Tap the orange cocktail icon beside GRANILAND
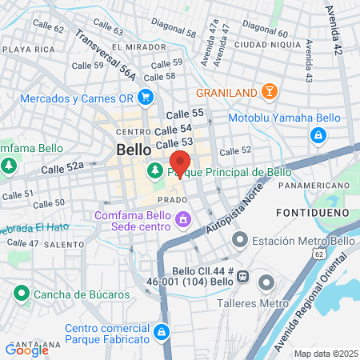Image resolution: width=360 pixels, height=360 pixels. click(x=269, y=91)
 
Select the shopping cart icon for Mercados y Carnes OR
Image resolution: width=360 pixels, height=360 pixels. click(x=146, y=98)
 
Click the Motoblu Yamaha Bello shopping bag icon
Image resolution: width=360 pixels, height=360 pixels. click(x=318, y=135)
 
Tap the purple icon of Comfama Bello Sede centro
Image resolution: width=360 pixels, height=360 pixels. click(x=183, y=218)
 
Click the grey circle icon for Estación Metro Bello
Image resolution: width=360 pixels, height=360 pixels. click(x=238, y=239)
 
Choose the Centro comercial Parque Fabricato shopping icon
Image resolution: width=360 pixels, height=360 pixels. click(x=162, y=331)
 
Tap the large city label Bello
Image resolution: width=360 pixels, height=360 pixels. click(x=134, y=150)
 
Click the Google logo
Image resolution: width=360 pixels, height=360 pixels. click(x=27, y=349)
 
